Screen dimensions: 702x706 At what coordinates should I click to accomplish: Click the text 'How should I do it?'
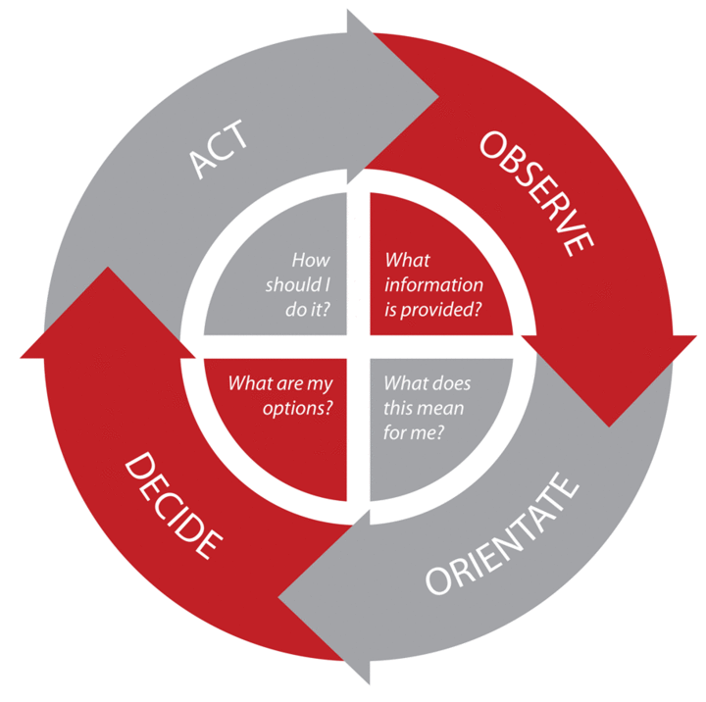[x=298, y=283]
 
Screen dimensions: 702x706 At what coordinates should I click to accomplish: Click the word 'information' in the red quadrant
[x=433, y=284]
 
